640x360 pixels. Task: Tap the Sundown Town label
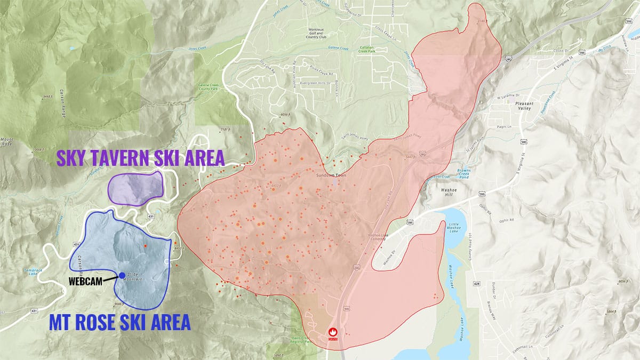tap(326, 174)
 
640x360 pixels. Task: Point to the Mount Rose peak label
tap(7, 140)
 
